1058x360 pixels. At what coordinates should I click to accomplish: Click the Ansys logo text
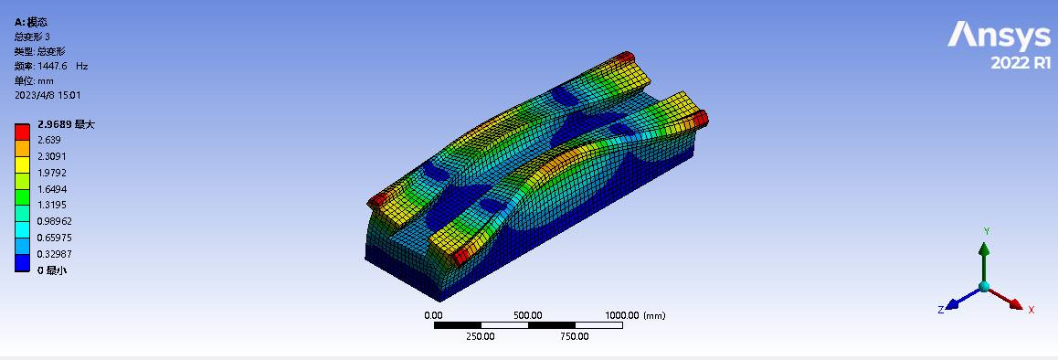pos(999,37)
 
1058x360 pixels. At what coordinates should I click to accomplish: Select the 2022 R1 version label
pos(1021,63)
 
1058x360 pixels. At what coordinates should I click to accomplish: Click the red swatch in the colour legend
pos(22,131)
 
